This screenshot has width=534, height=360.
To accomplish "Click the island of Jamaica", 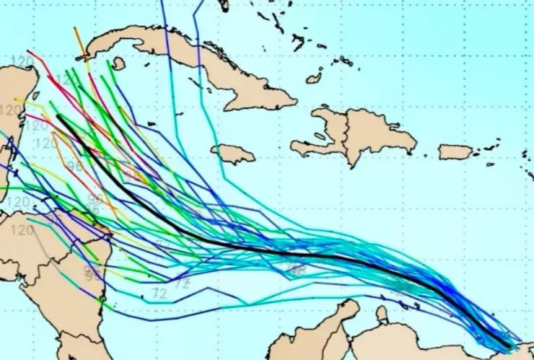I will coord(232,154).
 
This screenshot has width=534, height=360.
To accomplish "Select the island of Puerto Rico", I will coord(455,152).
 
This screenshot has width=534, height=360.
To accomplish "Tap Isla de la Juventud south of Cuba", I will coord(118,63).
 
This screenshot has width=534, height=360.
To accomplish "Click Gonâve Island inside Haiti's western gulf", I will coord(320,136).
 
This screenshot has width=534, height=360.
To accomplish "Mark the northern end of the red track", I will coord(29,53).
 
